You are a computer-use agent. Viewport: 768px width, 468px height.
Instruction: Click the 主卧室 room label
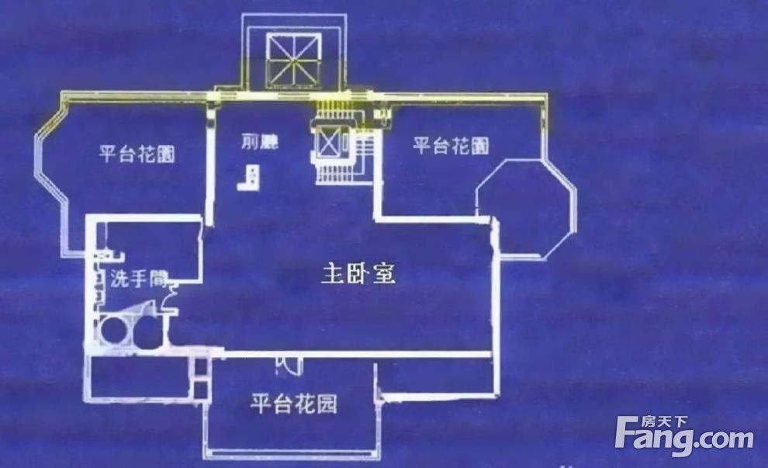pos(358,273)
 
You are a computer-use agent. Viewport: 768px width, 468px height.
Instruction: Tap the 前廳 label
pos(260,141)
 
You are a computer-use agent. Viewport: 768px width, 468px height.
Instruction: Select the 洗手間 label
pos(139,279)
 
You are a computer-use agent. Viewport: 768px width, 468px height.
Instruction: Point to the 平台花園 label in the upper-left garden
pos(137,154)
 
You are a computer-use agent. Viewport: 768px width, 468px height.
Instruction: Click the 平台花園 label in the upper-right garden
pos(451,146)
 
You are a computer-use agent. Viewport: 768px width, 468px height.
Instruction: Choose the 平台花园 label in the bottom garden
pos(293,404)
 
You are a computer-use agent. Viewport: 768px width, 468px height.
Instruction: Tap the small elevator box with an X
pos(327,140)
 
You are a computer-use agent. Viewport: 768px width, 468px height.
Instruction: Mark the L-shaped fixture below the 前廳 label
pos(249,178)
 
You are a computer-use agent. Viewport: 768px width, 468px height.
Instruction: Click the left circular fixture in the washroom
pos(113,329)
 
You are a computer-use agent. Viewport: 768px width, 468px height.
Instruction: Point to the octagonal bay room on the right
pos(525,207)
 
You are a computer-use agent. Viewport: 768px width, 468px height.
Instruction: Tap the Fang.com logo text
pos(684,437)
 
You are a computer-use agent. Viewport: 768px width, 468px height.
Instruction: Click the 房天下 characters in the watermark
pos(664,421)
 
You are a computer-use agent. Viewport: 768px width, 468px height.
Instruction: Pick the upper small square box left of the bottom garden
pos(201,366)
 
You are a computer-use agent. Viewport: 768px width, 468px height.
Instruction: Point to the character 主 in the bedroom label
pos(332,274)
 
